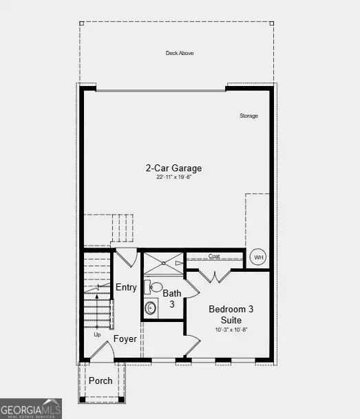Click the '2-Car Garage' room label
(173, 168)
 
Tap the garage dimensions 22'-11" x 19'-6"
(173, 178)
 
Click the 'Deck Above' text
(179, 53)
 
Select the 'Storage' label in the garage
(248, 116)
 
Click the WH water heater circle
(258, 257)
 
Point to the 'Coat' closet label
(214, 256)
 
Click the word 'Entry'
(126, 288)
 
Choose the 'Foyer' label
(125, 339)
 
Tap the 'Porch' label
(101, 380)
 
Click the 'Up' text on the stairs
(97, 334)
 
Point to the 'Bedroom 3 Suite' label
(231, 315)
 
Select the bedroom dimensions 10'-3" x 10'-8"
(231, 330)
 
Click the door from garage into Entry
(125, 258)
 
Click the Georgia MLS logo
(31, 408)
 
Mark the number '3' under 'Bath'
(172, 303)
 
